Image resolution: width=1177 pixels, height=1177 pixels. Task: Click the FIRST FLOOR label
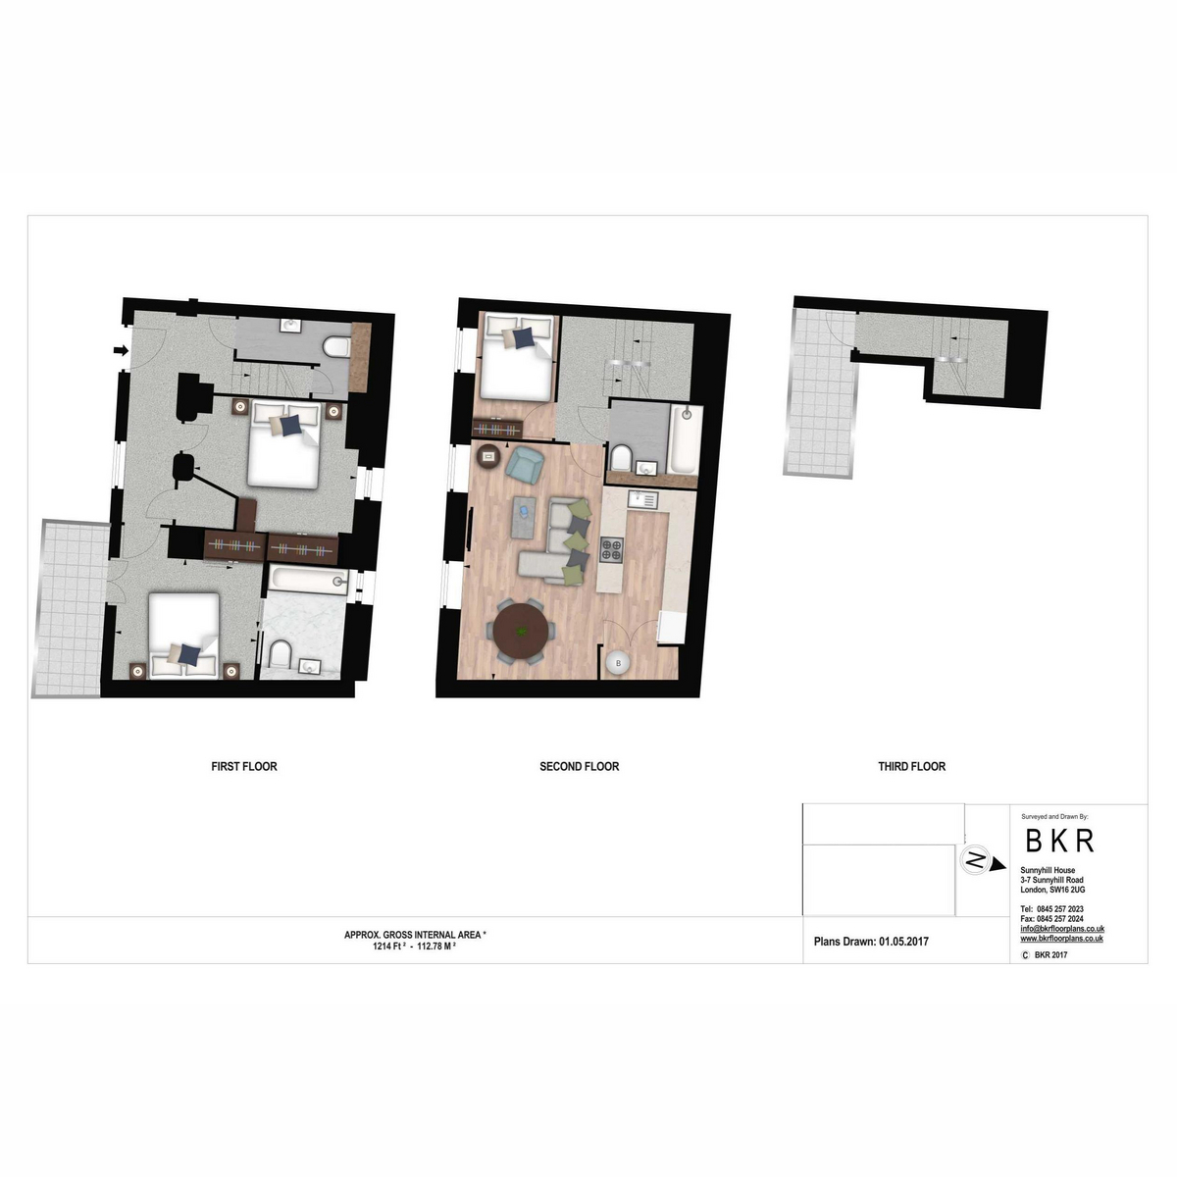click(243, 766)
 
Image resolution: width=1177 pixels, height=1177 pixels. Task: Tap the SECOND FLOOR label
click(579, 766)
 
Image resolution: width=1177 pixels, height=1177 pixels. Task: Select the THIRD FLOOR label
click(911, 766)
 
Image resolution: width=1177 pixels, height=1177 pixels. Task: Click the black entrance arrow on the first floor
click(121, 350)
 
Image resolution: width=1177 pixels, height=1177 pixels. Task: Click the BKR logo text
click(1059, 841)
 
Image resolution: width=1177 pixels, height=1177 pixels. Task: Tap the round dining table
click(521, 633)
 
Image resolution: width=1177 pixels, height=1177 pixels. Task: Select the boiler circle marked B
click(618, 663)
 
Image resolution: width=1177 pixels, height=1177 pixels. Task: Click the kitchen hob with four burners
click(612, 548)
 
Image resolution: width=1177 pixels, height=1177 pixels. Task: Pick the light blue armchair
click(526, 465)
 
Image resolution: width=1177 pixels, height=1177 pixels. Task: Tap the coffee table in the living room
click(524, 517)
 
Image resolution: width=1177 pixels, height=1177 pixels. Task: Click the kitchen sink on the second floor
click(642, 500)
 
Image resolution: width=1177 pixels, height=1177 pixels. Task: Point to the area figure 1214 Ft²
click(389, 947)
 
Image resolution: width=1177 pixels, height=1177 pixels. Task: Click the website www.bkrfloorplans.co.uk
click(1061, 939)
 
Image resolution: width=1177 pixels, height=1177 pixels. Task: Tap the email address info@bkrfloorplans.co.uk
click(1062, 929)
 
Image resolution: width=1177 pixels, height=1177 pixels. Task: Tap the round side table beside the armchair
click(488, 455)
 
